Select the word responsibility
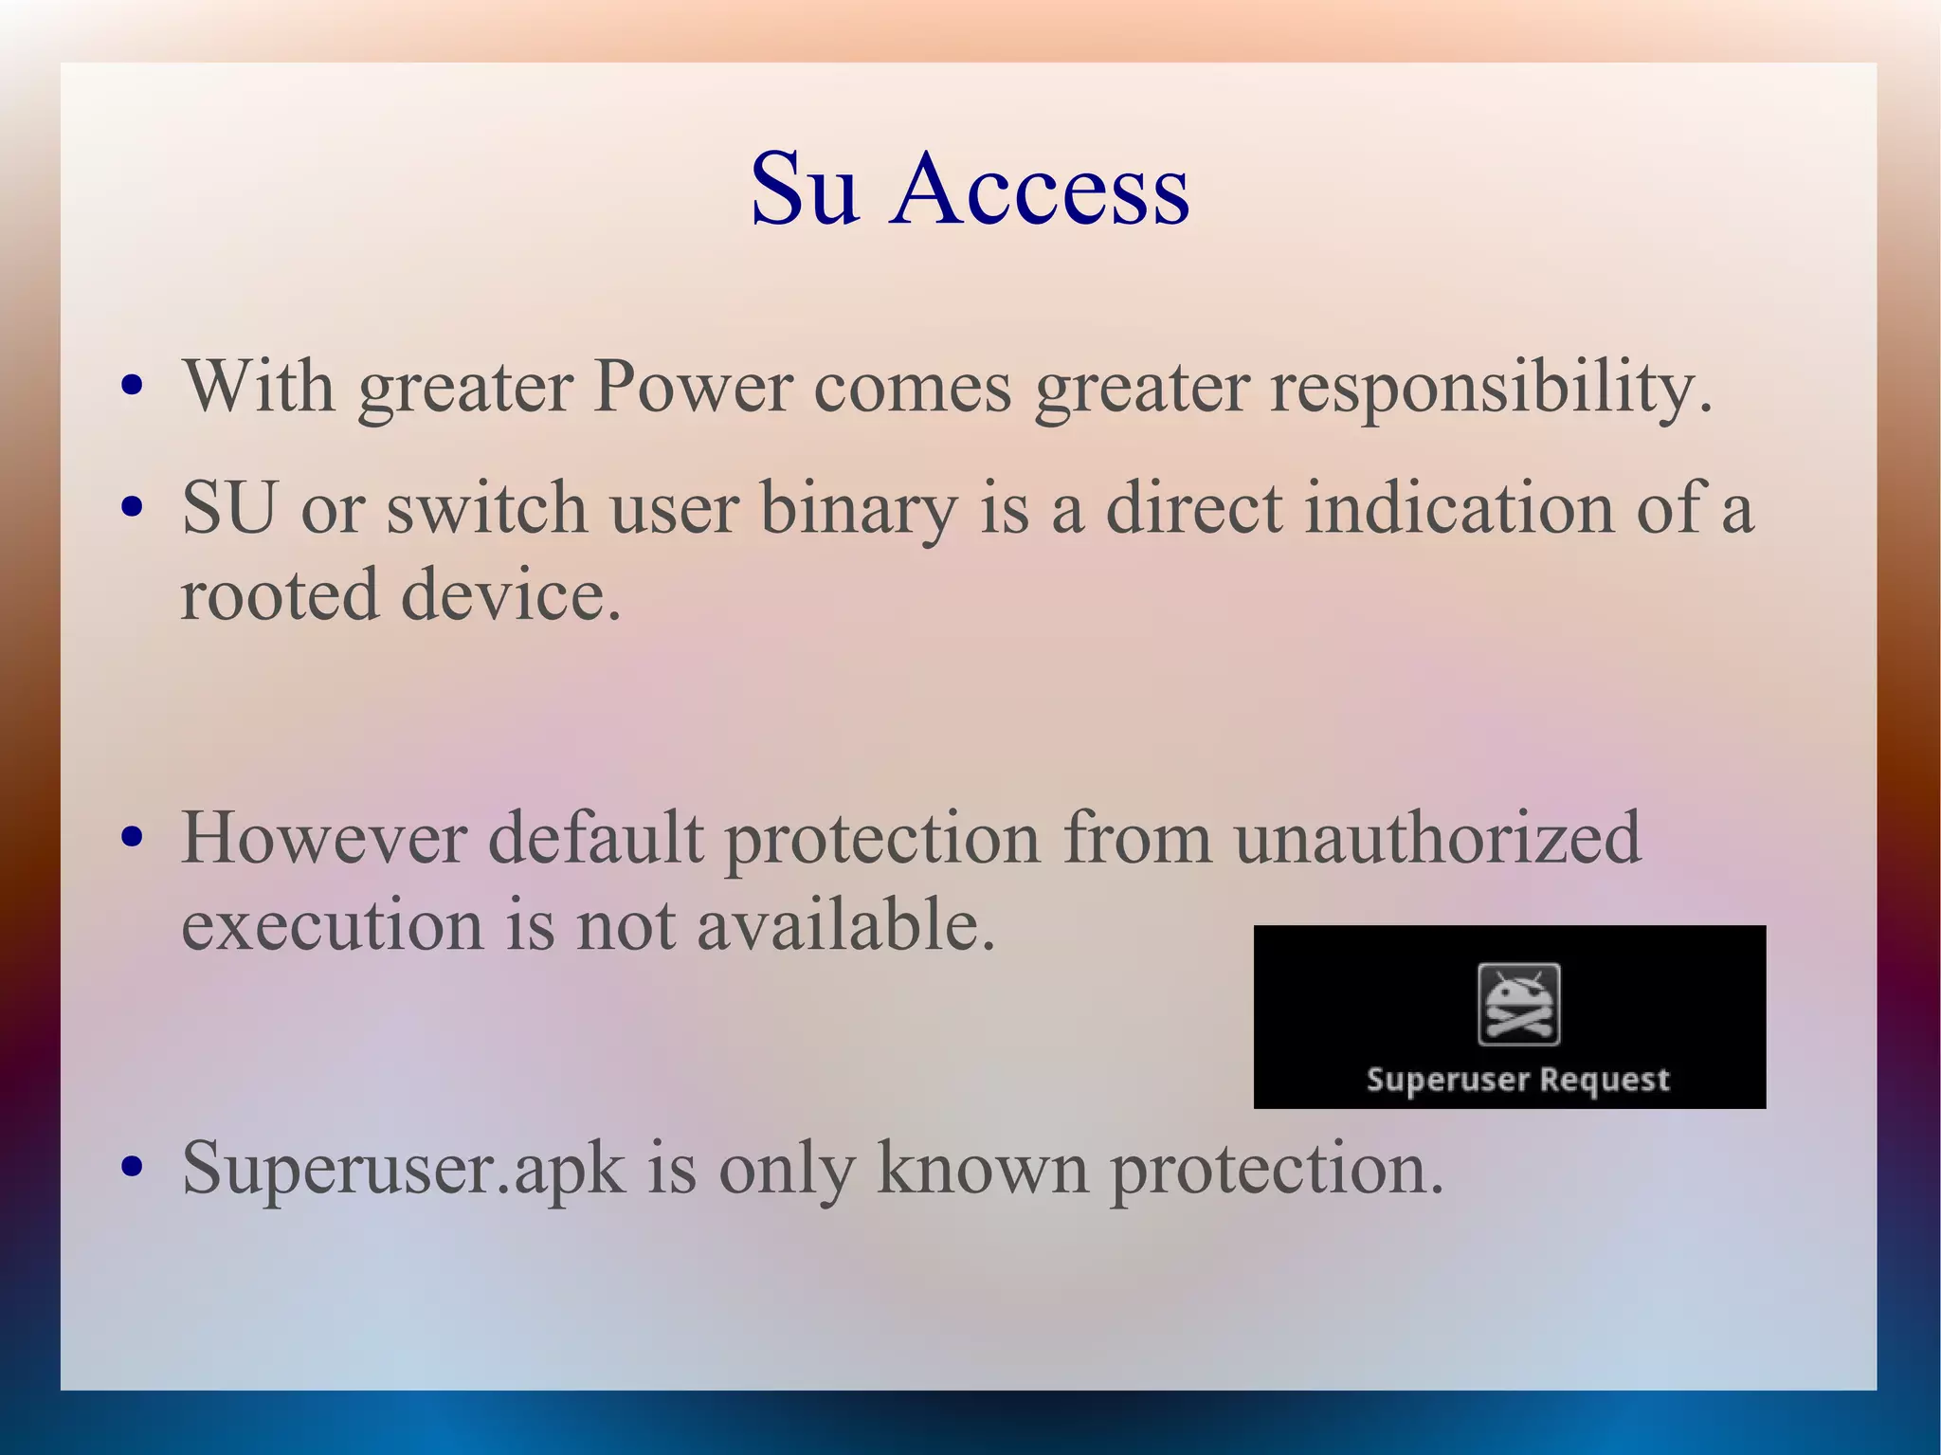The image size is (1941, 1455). coord(1491,389)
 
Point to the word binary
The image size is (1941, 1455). coord(859,509)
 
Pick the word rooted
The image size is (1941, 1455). coord(280,594)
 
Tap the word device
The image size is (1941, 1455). coord(511,594)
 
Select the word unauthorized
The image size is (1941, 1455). coord(1437,838)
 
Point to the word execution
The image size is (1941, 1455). coord(332,924)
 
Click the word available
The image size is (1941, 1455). coord(845,924)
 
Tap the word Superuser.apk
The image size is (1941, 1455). coord(404,1169)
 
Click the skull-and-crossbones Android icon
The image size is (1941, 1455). coord(1518,1004)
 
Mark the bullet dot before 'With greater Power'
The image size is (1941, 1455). coord(133,387)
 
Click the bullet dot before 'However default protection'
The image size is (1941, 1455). coord(133,838)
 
